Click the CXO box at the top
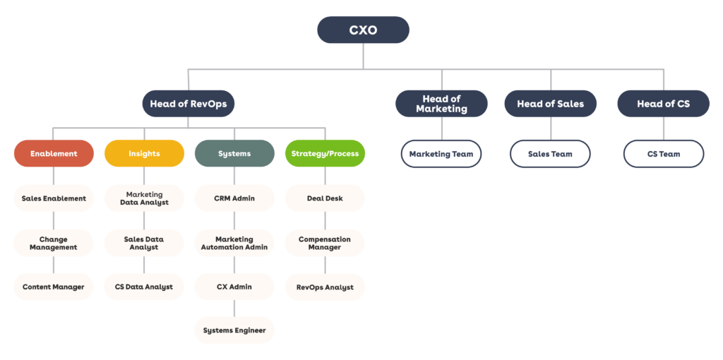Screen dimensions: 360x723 (x=363, y=30)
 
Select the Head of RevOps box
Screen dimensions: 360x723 (x=188, y=104)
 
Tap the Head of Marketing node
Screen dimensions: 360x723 (x=441, y=104)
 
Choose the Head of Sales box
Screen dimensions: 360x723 (x=551, y=104)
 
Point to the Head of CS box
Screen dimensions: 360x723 (x=663, y=104)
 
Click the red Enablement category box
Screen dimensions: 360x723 (x=54, y=153)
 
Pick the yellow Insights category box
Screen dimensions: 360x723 (x=144, y=153)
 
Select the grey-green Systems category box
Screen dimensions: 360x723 (x=234, y=153)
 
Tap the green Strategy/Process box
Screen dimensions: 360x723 (x=325, y=153)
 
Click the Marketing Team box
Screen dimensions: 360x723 (x=441, y=154)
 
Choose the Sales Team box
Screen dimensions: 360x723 (x=551, y=154)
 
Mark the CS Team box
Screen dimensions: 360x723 (x=663, y=154)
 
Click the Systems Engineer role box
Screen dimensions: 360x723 (x=234, y=330)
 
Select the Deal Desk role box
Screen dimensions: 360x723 (x=325, y=198)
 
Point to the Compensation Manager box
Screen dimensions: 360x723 (x=325, y=243)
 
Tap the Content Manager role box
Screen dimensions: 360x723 (x=54, y=287)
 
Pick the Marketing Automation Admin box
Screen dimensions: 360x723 (x=234, y=243)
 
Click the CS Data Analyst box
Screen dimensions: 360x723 (x=144, y=287)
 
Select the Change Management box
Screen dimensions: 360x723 (x=54, y=243)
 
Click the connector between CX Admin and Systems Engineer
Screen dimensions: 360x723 (x=234, y=308)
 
